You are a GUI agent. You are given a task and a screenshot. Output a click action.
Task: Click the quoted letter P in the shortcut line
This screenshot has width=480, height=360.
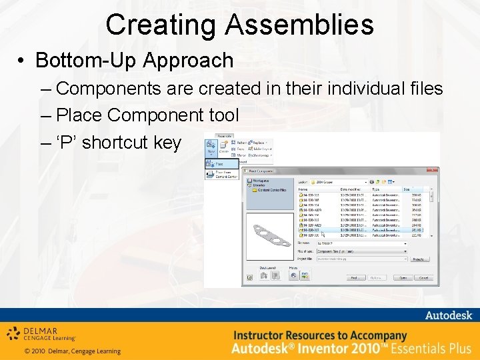[67, 142]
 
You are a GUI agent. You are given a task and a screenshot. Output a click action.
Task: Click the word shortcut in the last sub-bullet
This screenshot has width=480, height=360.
[113, 142]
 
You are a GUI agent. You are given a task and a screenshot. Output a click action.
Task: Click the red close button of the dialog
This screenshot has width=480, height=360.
[431, 171]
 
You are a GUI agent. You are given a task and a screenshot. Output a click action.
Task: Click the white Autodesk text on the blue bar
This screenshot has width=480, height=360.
[449, 315]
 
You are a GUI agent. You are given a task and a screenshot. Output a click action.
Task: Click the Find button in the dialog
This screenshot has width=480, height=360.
[355, 278]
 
